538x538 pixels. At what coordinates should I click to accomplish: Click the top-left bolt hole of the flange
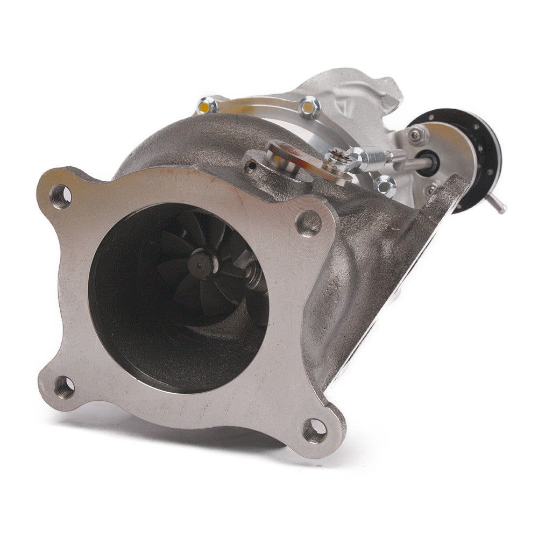click(61, 196)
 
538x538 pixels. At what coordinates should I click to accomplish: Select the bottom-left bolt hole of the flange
click(65, 387)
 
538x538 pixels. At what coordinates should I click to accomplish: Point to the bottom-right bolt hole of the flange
click(315, 430)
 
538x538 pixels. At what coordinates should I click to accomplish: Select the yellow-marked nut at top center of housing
click(309, 108)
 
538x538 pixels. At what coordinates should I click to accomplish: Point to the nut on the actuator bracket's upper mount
click(418, 136)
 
